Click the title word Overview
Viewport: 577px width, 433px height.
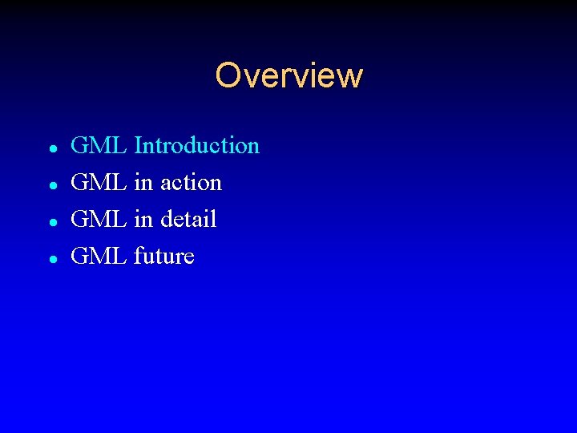click(x=288, y=75)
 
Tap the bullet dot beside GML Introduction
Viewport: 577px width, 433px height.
click(x=51, y=148)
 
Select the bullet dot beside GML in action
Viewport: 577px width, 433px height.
click(x=51, y=185)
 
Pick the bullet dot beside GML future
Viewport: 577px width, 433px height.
click(x=51, y=259)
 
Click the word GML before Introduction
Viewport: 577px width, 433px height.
click(x=99, y=146)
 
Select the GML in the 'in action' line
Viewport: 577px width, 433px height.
click(x=99, y=183)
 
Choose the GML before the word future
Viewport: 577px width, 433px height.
click(x=99, y=257)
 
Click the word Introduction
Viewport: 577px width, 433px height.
click(x=197, y=146)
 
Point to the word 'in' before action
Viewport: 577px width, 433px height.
click(x=143, y=183)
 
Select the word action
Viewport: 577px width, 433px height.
click(x=191, y=183)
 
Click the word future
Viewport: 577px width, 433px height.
click(x=164, y=257)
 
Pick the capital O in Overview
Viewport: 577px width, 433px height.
click(x=228, y=75)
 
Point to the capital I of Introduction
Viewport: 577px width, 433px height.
click(x=138, y=146)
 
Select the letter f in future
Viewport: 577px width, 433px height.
click(x=138, y=257)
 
